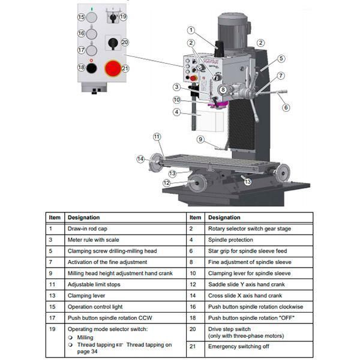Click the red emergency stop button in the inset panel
click(x=113, y=69)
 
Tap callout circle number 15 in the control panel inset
click(x=82, y=17)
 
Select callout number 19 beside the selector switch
click(x=123, y=16)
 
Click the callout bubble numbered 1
click(x=191, y=30)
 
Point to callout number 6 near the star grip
click(x=286, y=107)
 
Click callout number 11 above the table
click(x=157, y=137)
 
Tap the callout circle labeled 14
click(x=140, y=159)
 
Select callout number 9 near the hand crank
click(x=200, y=139)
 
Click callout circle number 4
click(x=176, y=112)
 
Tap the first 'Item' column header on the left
click(x=55, y=217)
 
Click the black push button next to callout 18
click(x=91, y=68)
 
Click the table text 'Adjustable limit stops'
click(x=95, y=284)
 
